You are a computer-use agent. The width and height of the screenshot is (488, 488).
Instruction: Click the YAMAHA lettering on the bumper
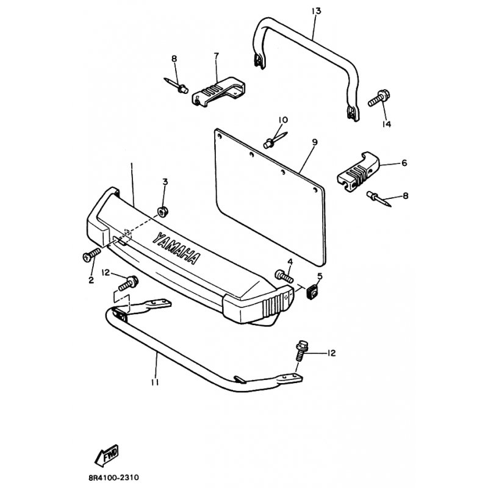[176, 248]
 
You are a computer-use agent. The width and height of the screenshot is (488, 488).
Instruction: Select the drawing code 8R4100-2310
[114, 478]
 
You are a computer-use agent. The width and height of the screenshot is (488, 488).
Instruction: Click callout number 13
[316, 11]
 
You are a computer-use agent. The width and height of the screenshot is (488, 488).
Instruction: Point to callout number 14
[387, 124]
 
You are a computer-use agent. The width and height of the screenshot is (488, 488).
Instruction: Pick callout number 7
[217, 56]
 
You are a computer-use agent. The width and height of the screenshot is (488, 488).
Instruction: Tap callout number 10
[283, 120]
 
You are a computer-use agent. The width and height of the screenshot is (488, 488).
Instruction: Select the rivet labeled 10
[275, 140]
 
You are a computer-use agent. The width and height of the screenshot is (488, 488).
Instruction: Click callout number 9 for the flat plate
[315, 142]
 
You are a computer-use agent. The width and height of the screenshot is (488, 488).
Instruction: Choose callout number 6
[404, 163]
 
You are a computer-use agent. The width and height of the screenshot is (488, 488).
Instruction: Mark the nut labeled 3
[162, 212]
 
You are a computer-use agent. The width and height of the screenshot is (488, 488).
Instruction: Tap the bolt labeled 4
[284, 276]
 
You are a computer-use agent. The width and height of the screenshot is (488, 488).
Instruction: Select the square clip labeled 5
[312, 293]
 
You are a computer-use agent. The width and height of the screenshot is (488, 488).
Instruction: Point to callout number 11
[155, 382]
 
